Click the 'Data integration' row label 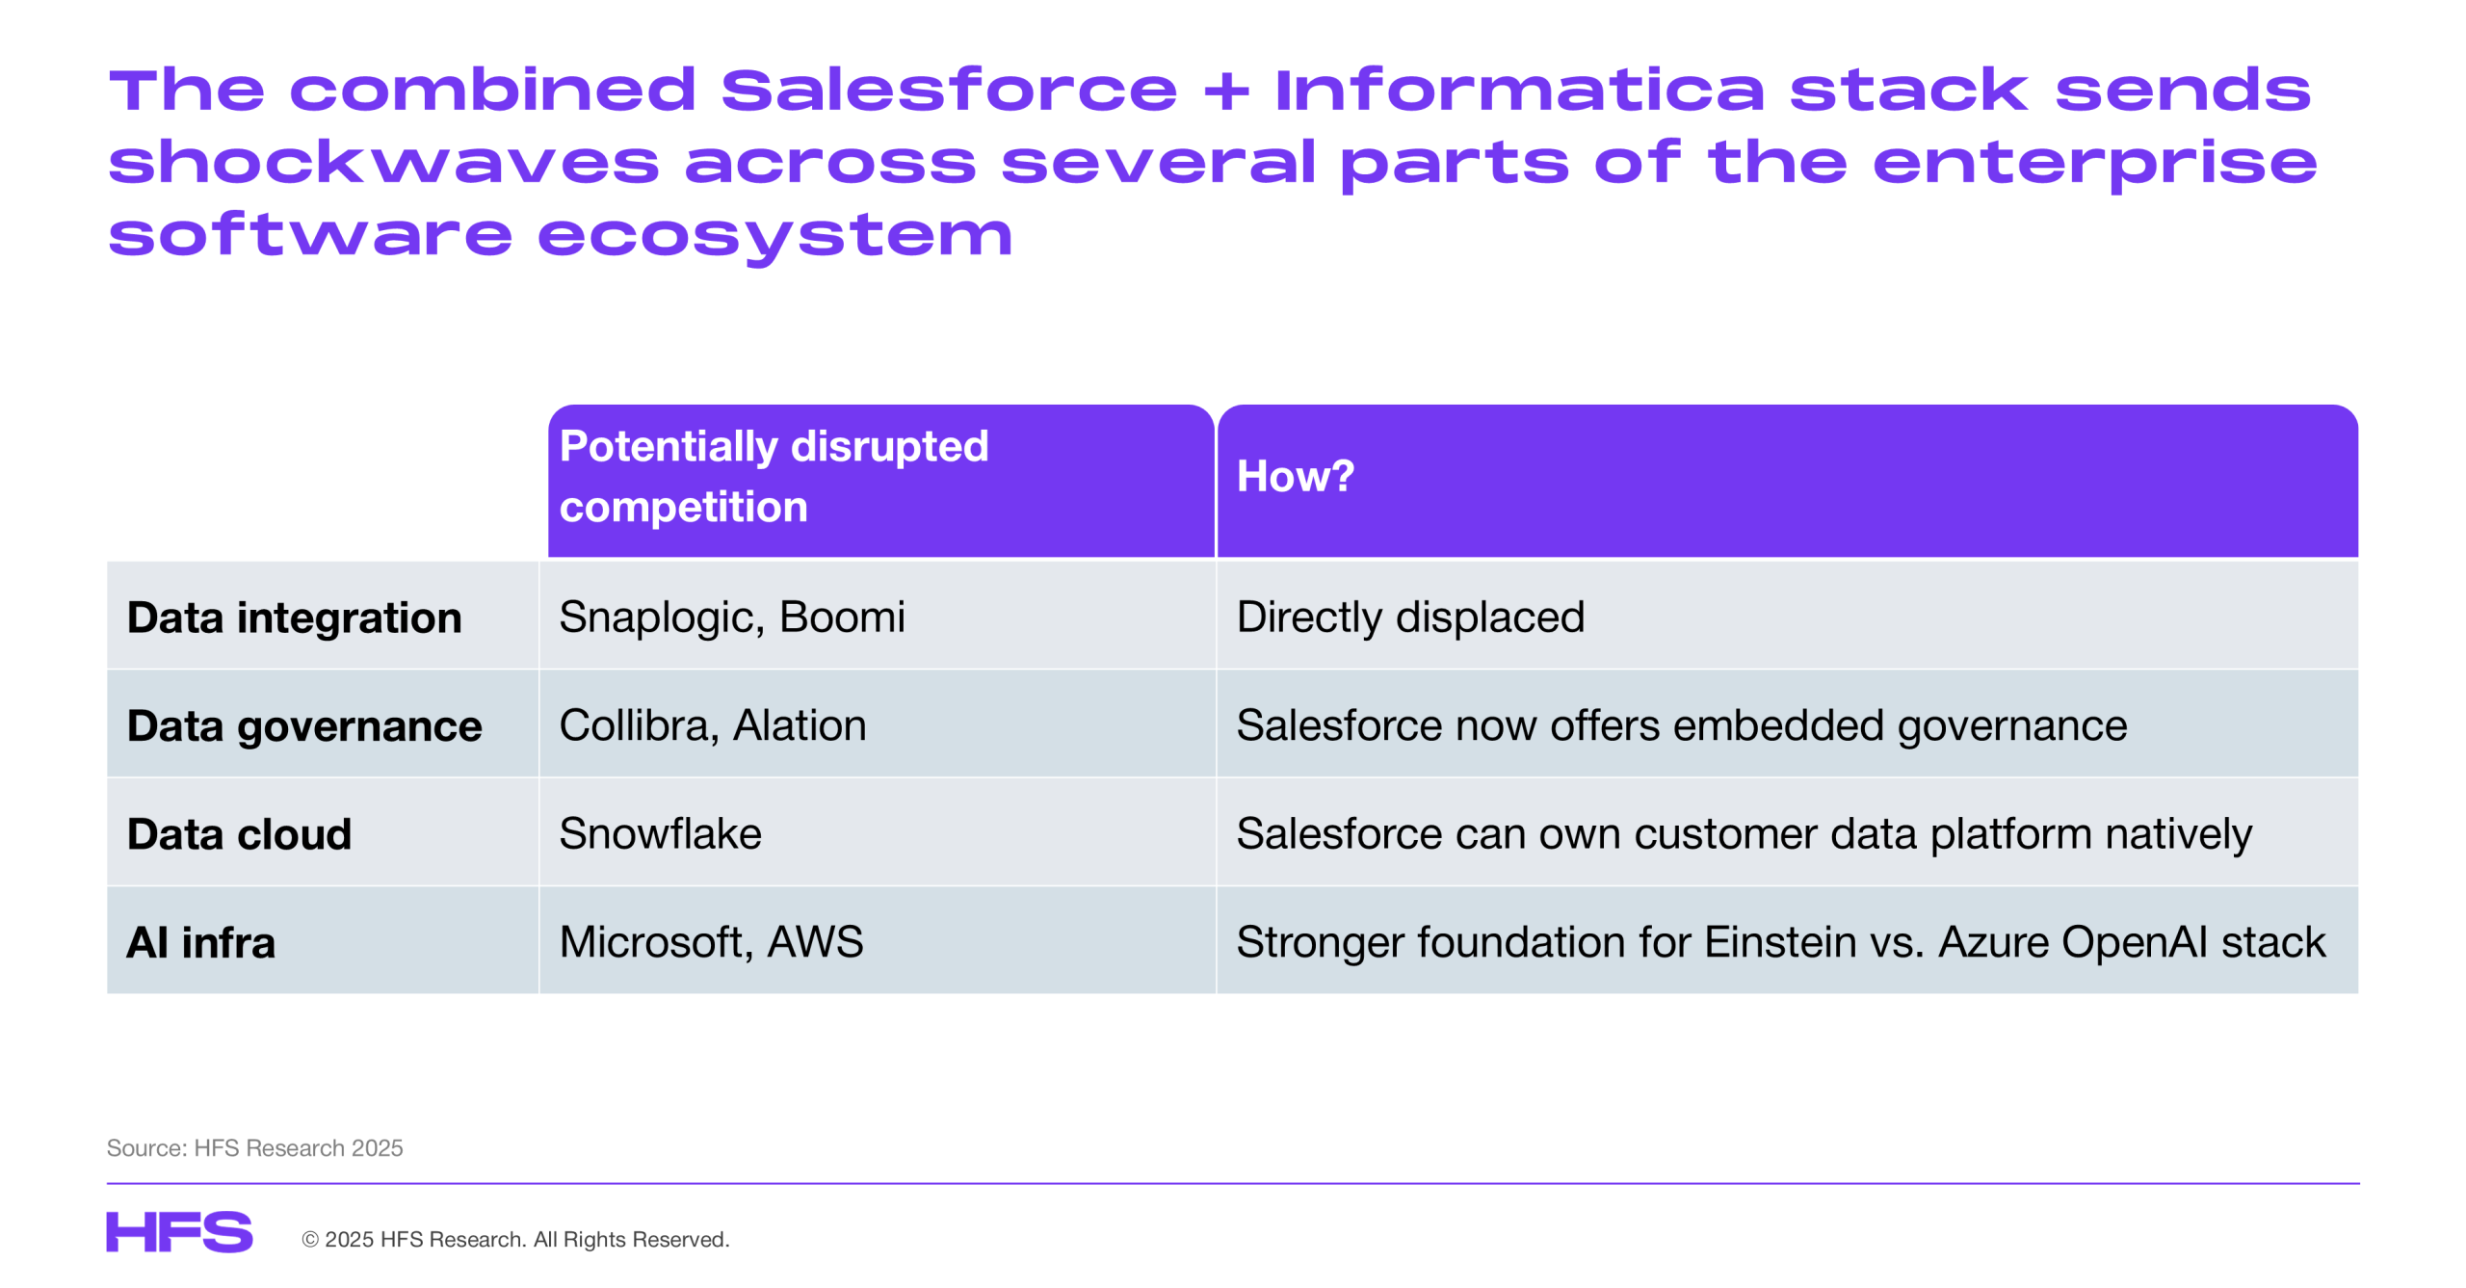click(x=294, y=618)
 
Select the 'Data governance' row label click(x=304, y=726)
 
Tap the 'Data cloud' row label click(x=239, y=834)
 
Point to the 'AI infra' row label click(x=201, y=942)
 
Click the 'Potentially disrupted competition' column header click(x=774, y=477)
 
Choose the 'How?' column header click(x=1295, y=476)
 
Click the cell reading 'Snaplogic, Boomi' click(x=732, y=618)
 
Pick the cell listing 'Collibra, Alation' click(x=713, y=725)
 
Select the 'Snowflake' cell click(x=660, y=833)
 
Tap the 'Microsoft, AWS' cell click(x=711, y=942)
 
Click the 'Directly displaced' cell click(x=1410, y=618)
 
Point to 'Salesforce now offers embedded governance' click(x=1682, y=726)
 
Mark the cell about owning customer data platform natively click(x=1744, y=834)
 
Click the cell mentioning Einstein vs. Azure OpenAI click(x=1780, y=942)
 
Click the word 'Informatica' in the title click(x=1519, y=90)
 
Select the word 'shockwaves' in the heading click(x=384, y=162)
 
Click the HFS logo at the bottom click(x=179, y=1232)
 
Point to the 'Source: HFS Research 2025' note click(x=254, y=1147)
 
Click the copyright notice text click(x=515, y=1240)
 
